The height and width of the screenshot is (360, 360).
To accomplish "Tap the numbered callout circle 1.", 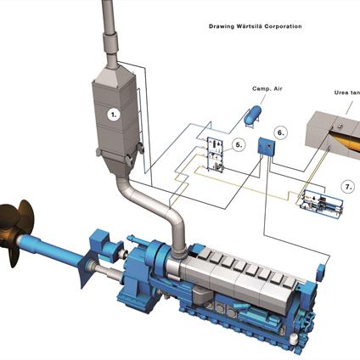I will (113, 111).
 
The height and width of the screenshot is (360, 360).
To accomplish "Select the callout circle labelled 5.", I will (239, 145).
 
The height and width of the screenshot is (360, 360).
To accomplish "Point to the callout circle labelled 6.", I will (281, 133).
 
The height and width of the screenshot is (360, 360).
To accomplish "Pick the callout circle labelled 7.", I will (346, 185).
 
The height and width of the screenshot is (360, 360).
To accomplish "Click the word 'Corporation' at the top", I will (285, 26).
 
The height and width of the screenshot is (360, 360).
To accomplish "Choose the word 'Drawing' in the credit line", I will (222, 26).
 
